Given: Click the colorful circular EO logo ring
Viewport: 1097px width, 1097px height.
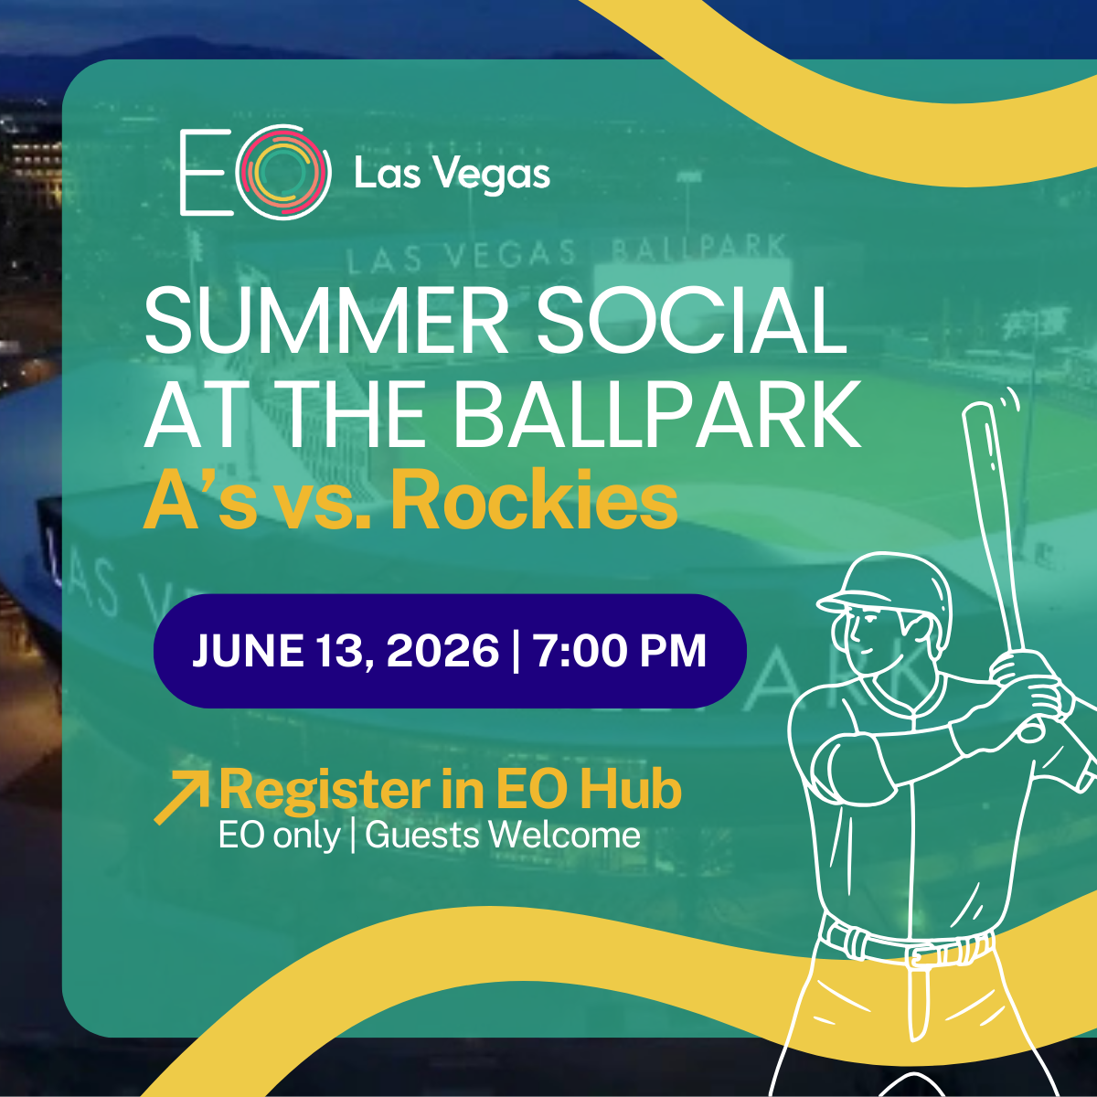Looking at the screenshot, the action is [x=282, y=130].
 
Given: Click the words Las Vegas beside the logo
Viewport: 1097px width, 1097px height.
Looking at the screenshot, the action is [x=452, y=174].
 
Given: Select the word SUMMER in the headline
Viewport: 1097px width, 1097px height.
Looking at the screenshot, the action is [x=326, y=321].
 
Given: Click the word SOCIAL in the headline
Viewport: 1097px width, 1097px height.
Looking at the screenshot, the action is [x=692, y=321].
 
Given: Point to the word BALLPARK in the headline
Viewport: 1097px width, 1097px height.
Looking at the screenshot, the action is [x=657, y=415].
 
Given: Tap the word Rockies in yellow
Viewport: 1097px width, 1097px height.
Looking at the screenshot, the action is [x=534, y=500].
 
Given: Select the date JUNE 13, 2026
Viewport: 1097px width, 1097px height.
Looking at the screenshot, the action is [x=346, y=651].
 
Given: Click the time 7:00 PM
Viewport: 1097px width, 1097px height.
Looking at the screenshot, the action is [x=621, y=651].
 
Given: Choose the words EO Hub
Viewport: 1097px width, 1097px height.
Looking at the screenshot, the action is [x=588, y=789].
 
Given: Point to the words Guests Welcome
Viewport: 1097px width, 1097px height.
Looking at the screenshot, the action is [x=503, y=836].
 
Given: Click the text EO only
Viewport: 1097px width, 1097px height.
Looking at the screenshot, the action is [x=280, y=836].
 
